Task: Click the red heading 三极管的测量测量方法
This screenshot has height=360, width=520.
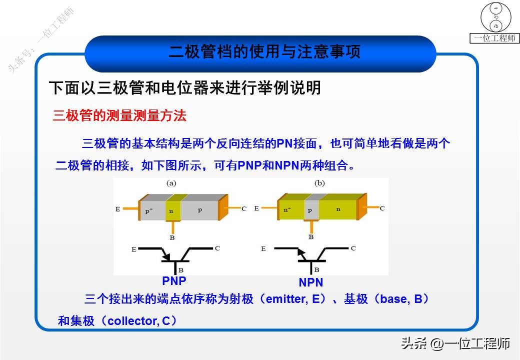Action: pos(119,116)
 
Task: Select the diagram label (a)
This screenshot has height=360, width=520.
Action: pos(171,183)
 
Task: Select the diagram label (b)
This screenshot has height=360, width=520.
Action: pos(319,183)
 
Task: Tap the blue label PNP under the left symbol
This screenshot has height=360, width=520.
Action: pos(174,280)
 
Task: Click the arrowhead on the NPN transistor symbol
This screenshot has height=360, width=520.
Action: pos(300,252)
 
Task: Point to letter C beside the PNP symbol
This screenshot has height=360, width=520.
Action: pos(217,248)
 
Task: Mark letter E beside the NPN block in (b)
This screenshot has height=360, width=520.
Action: pos(256,208)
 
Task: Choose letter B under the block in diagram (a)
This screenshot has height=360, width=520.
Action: pos(172,237)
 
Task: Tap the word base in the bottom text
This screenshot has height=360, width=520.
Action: pos(393,299)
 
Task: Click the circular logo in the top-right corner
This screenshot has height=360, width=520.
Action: pos(495,17)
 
